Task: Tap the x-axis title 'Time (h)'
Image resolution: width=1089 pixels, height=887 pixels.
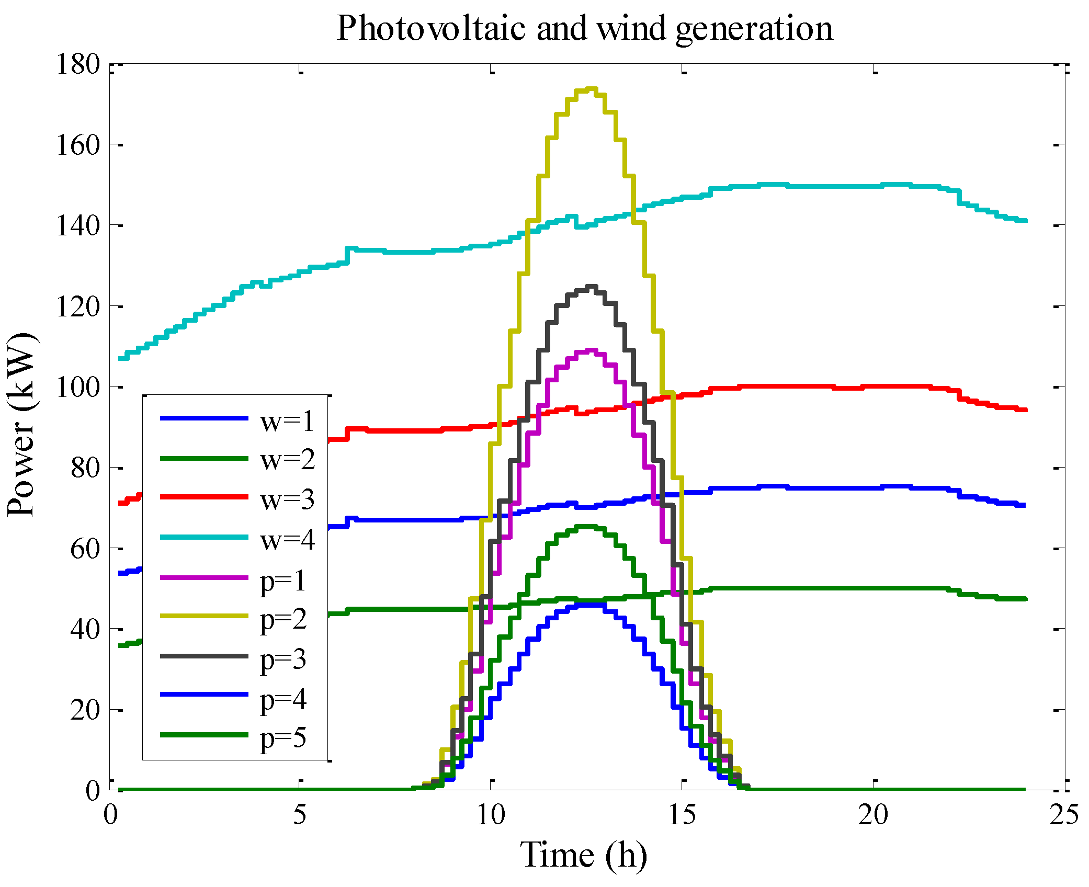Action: point(583,855)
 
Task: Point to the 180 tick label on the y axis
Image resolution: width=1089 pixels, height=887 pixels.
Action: point(77,65)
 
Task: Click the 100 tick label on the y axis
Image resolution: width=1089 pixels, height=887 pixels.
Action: point(77,388)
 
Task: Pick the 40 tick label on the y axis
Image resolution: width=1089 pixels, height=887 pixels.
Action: point(85,629)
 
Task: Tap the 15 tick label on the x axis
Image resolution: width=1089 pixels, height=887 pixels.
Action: point(682,814)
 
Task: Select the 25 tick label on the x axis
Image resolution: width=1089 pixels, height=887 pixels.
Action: point(1064,814)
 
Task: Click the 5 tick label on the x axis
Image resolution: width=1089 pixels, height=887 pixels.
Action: point(299,814)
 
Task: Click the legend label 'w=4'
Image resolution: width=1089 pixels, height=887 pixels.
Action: point(288,539)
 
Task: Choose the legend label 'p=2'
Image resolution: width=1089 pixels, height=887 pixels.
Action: point(283,620)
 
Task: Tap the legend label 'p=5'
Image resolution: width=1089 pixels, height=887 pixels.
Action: point(283,738)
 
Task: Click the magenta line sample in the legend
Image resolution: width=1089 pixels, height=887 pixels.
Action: point(204,577)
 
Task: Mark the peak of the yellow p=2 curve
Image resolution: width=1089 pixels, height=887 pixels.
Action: point(590,89)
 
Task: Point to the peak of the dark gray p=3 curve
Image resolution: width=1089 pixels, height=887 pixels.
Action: point(591,287)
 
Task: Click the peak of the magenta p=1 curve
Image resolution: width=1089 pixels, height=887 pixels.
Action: point(591,350)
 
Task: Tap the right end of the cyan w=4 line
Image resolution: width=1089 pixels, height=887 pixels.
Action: point(1025,221)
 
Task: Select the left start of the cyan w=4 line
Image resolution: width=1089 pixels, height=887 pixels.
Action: point(120,358)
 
